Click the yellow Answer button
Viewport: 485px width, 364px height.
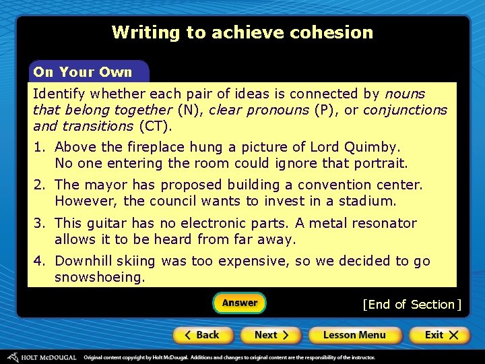pyautogui.click(x=240, y=303)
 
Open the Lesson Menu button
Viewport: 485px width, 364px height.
pyautogui.click(x=354, y=335)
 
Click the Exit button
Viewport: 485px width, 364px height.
pyautogui.click(x=437, y=335)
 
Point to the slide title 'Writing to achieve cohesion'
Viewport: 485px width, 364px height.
pyautogui.click(x=243, y=32)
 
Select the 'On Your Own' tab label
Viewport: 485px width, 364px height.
pyautogui.click(x=83, y=72)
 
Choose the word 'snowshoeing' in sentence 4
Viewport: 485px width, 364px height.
pyautogui.click(x=98, y=277)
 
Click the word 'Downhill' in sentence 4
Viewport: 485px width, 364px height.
pyautogui.click(x=81, y=261)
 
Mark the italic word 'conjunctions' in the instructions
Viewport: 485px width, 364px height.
pyautogui.click(x=405, y=110)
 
